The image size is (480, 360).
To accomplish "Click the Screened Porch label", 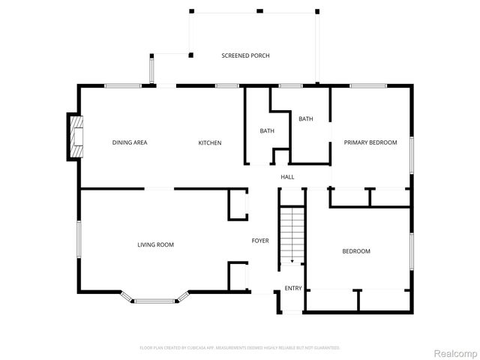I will (245, 55).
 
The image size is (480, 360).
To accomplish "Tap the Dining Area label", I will (130, 142).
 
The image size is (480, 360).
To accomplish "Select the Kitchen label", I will (210, 142).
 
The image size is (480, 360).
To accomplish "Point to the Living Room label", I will (155, 244).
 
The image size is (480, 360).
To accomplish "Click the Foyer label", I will (259, 241).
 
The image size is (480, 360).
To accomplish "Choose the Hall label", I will (287, 177).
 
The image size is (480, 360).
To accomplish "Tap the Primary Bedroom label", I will (370, 142).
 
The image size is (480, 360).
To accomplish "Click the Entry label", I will (292, 289).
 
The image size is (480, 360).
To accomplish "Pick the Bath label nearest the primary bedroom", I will (305, 118).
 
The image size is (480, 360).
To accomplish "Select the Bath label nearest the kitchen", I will (267, 131).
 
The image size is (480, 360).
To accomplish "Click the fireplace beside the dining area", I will (75, 136).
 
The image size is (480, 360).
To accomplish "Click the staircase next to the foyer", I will (292, 232).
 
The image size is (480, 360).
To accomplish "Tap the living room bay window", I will (155, 301).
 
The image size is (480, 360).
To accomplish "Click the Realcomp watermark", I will (456, 352).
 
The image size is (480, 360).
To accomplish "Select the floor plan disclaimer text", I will (240, 348).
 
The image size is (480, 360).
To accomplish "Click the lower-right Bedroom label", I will (356, 251).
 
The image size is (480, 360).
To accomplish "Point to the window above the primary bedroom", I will (368, 85).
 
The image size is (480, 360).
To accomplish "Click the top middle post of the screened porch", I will (259, 10).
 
